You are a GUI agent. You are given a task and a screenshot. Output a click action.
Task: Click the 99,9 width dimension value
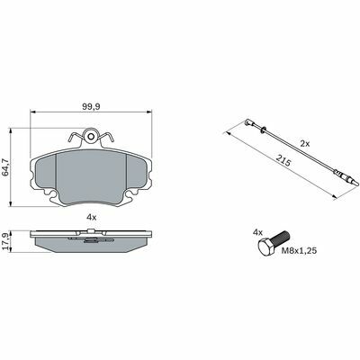(x=91, y=106)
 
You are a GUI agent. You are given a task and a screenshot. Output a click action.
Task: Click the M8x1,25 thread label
(x=299, y=251)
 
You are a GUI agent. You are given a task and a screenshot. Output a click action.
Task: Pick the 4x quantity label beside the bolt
(x=257, y=232)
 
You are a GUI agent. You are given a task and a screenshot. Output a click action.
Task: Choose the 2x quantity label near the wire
(x=305, y=144)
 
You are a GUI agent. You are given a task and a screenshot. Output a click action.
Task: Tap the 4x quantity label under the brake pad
(x=91, y=218)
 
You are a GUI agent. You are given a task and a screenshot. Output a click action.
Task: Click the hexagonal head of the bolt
(x=265, y=247)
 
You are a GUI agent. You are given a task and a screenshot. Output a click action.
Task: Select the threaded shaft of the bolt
(x=281, y=239)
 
